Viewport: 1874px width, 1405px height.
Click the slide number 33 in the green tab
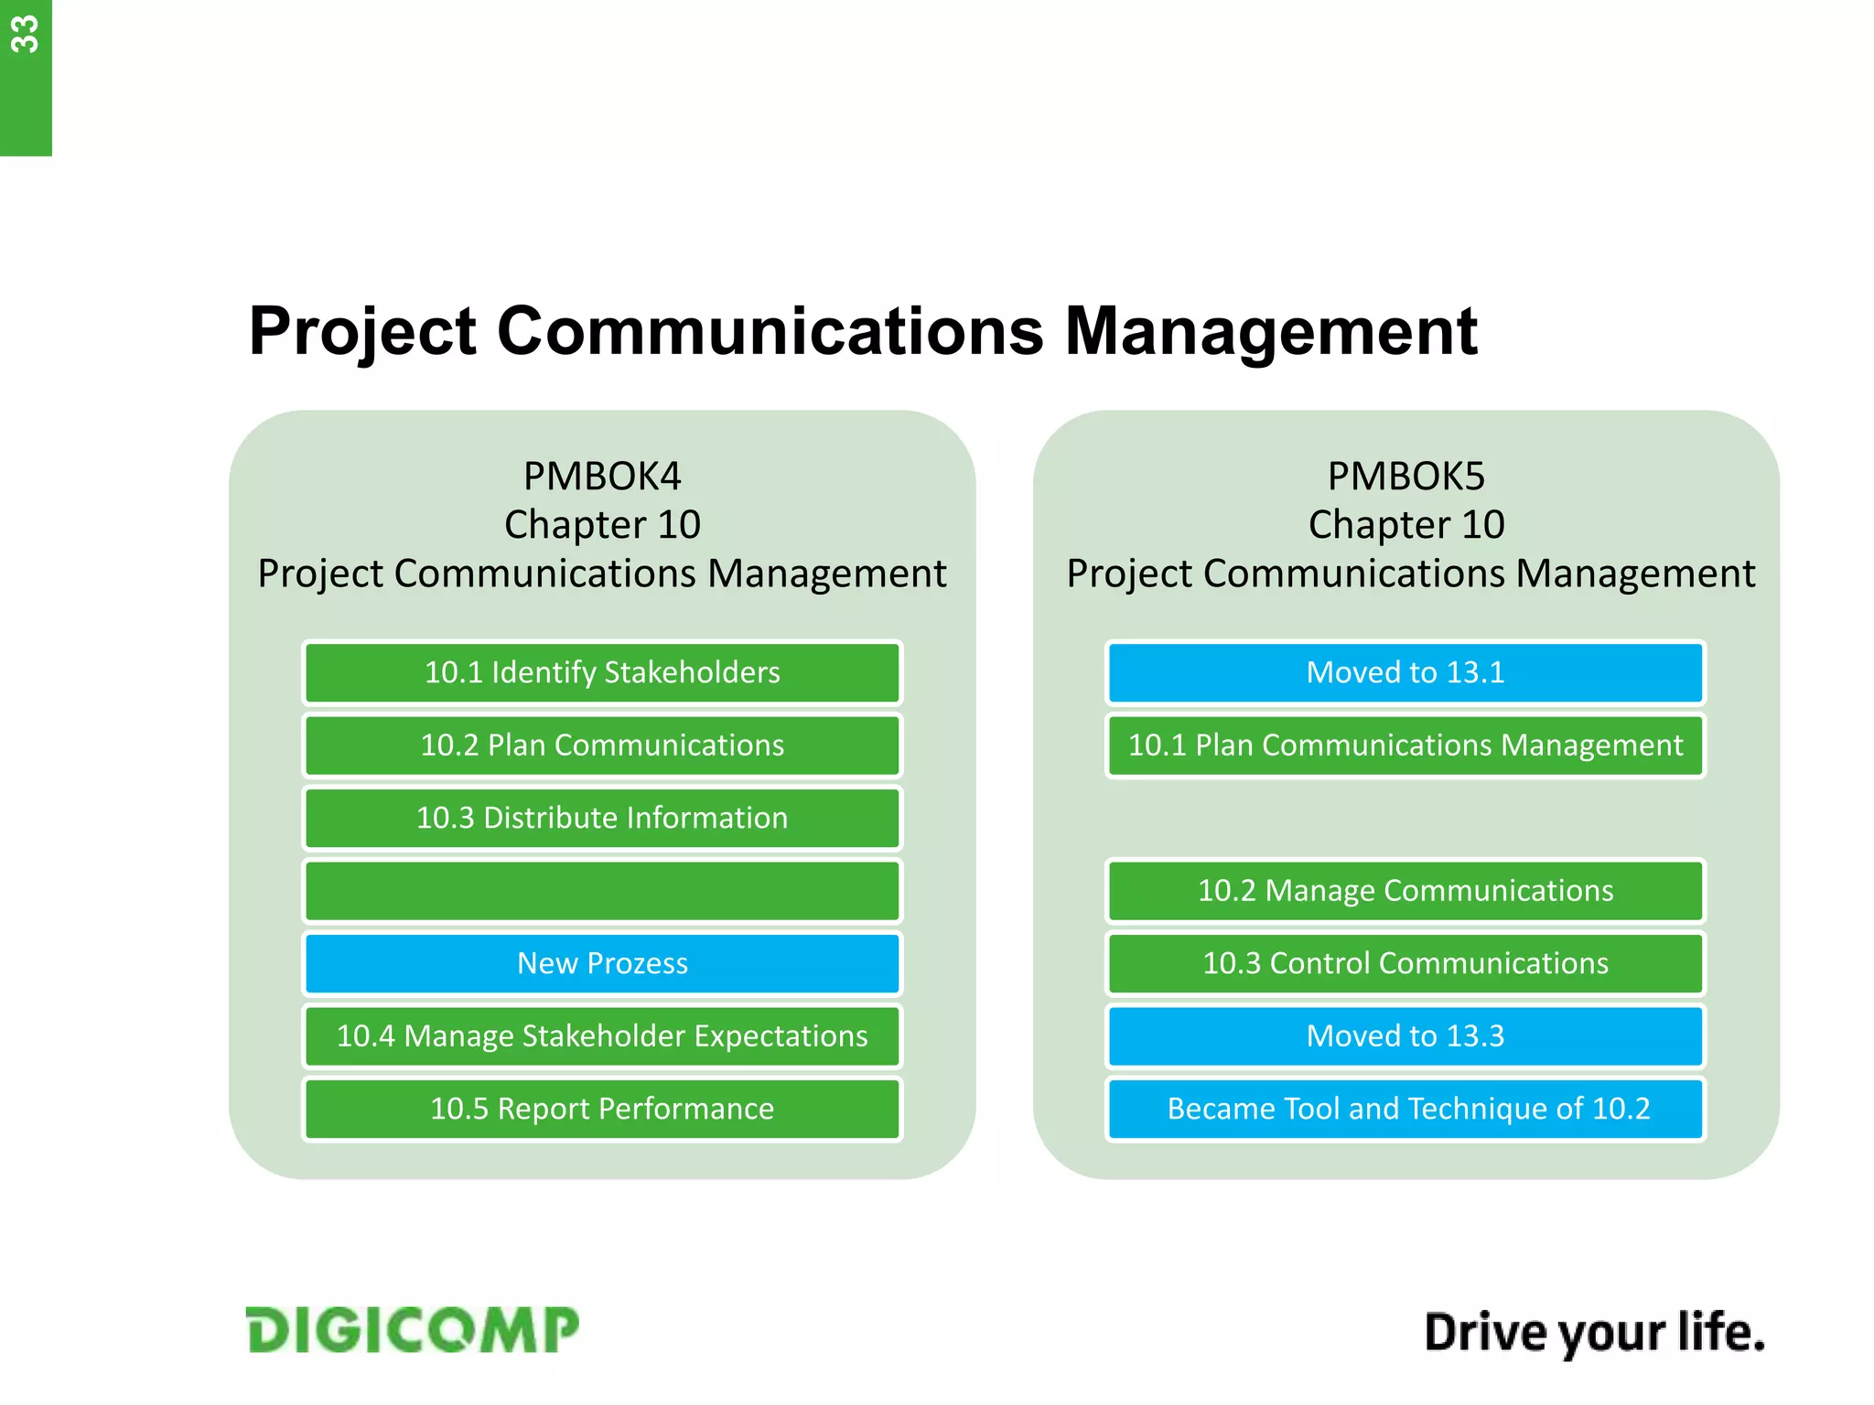[25, 35]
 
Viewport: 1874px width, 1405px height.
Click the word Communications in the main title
[769, 331]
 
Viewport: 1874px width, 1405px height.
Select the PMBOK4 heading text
[602, 476]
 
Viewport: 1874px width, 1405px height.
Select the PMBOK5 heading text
[1405, 476]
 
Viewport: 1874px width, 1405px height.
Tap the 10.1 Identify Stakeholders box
[602, 672]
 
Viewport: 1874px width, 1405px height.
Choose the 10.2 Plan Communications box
[602, 745]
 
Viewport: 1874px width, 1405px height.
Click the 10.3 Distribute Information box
[602, 818]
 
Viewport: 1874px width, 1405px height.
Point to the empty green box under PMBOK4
[602, 890]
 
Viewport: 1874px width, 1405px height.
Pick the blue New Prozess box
[602, 963]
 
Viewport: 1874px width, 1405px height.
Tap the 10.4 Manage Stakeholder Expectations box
[602, 1035]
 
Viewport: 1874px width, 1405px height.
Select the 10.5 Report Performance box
[602, 1109]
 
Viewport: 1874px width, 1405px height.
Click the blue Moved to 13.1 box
[1405, 672]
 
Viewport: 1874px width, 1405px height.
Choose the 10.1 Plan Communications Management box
[1405, 745]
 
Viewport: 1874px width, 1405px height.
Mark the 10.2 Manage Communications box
[1405, 890]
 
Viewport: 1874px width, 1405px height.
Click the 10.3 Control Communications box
[1405, 963]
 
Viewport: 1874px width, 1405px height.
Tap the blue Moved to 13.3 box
[1405, 1035]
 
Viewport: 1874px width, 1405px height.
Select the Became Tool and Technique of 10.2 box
[1405, 1109]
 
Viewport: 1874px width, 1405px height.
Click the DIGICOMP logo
[413, 1330]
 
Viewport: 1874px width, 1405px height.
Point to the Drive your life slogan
[1594, 1333]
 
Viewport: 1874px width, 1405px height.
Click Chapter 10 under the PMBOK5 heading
[1405, 525]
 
